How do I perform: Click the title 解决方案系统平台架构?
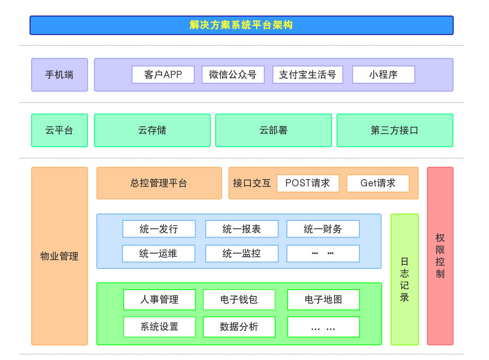tap(241, 25)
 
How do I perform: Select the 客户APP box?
tap(163, 75)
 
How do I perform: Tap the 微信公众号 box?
tap(233, 75)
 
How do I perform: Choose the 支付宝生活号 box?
tap(308, 75)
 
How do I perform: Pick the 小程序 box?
tap(384, 75)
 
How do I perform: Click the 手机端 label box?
tap(60, 75)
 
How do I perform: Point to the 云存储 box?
tap(152, 130)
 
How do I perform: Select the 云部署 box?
tap(274, 130)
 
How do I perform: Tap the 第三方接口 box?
tap(395, 130)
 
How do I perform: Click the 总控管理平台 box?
tap(159, 183)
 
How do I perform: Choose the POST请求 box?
tap(308, 184)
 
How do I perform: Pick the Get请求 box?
tap(378, 184)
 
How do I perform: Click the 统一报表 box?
tap(242, 229)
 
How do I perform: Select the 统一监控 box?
tap(242, 254)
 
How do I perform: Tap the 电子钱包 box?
tap(239, 300)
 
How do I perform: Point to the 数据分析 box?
tap(239, 327)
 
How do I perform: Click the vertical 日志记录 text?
tap(405, 280)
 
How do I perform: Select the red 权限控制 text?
tap(440, 256)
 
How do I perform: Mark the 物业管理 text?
tap(59, 256)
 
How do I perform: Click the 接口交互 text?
tap(252, 183)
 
